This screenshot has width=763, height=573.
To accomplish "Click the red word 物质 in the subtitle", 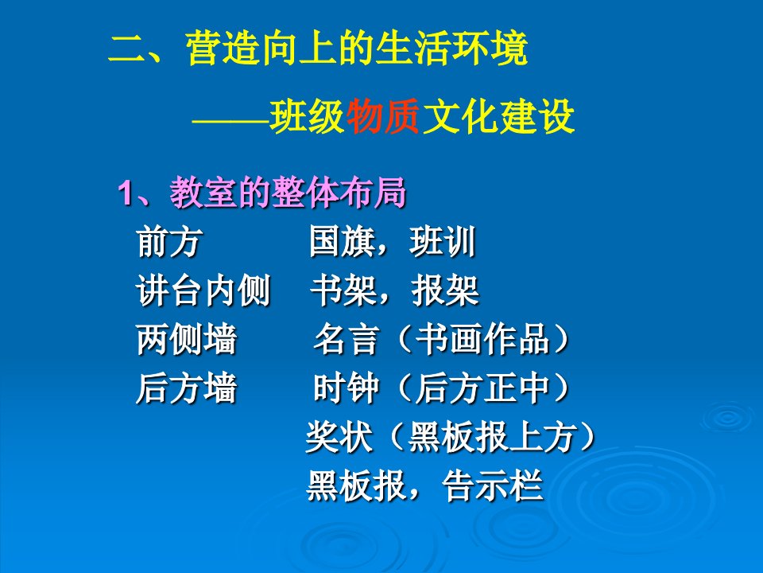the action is pos(382,116).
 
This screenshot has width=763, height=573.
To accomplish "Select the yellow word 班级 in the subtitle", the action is pos(308,116).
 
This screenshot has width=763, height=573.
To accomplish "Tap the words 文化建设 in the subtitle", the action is pos(498,116).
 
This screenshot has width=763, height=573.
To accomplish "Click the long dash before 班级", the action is pos(230,119).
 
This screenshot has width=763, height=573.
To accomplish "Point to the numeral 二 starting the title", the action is pos(126,49).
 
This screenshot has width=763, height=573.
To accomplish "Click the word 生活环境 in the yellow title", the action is pos(451,49).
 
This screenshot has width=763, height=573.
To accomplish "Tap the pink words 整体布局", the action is pos(339,193).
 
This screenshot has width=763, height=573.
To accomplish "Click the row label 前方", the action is pos(169,242).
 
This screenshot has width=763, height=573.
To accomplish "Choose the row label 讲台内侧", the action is pos(203,290).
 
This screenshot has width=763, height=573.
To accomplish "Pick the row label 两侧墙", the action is pos(187,339).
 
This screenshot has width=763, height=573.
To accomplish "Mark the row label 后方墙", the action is pos(187,388).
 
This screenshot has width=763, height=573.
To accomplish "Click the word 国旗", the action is pos(343,242).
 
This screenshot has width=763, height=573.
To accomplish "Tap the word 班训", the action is pos(443,242).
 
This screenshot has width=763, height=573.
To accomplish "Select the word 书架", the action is pos(343,290).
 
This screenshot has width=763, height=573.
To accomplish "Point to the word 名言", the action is pos(346,339).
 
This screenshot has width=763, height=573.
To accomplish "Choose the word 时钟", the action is pos(346,388).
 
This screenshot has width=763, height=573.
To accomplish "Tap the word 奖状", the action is pos(339,437).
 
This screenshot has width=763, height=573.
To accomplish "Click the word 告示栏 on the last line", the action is pos(493,485).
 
